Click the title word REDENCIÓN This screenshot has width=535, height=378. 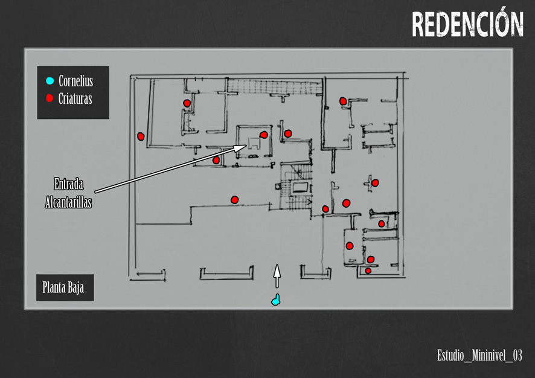(x=467, y=24)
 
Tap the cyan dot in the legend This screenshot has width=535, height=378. (x=50, y=81)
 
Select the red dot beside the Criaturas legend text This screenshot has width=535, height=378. (x=50, y=98)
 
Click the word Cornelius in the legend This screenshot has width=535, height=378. (x=75, y=81)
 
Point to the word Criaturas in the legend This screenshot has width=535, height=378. (x=75, y=99)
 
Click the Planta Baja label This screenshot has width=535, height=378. (x=64, y=288)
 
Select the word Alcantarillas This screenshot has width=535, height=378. (x=68, y=203)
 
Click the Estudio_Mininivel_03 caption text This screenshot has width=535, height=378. (x=479, y=355)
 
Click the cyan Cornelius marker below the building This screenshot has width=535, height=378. (x=276, y=300)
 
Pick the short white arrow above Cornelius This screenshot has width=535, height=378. (x=277, y=275)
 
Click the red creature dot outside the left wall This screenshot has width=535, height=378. (x=141, y=136)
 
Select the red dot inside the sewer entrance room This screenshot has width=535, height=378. (x=263, y=135)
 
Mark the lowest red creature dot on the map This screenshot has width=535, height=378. (x=368, y=271)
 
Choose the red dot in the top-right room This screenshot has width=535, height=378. (x=343, y=101)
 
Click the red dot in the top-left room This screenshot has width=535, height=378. (x=187, y=103)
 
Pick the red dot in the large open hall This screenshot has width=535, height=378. (x=235, y=199)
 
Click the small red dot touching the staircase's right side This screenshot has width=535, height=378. (x=325, y=209)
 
